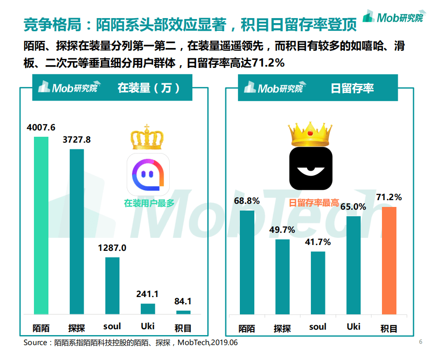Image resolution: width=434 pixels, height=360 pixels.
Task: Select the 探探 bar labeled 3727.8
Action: [76, 231]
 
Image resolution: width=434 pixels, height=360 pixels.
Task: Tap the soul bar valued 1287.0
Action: [112, 285]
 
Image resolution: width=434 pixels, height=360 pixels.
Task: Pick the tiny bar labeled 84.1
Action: [183, 312]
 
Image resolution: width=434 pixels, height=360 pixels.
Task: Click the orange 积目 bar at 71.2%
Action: [389, 260]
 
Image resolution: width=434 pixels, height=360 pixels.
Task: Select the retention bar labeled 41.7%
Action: [318, 283]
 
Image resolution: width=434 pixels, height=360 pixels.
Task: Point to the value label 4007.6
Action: [41, 128]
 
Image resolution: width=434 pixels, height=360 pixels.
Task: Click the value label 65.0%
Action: [353, 206]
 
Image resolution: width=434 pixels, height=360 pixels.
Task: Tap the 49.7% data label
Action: [282, 230]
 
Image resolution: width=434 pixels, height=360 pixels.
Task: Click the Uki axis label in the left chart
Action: [148, 326]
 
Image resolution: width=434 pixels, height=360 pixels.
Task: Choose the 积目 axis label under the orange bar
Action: [389, 328]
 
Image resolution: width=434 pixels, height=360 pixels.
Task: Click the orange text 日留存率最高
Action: [314, 203]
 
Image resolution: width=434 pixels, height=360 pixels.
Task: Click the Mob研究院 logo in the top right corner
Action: [395, 17]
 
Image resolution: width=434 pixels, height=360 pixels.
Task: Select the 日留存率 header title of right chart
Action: [352, 88]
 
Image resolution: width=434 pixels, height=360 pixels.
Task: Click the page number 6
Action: [420, 342]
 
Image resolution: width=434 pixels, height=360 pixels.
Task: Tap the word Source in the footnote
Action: [35, 343]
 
